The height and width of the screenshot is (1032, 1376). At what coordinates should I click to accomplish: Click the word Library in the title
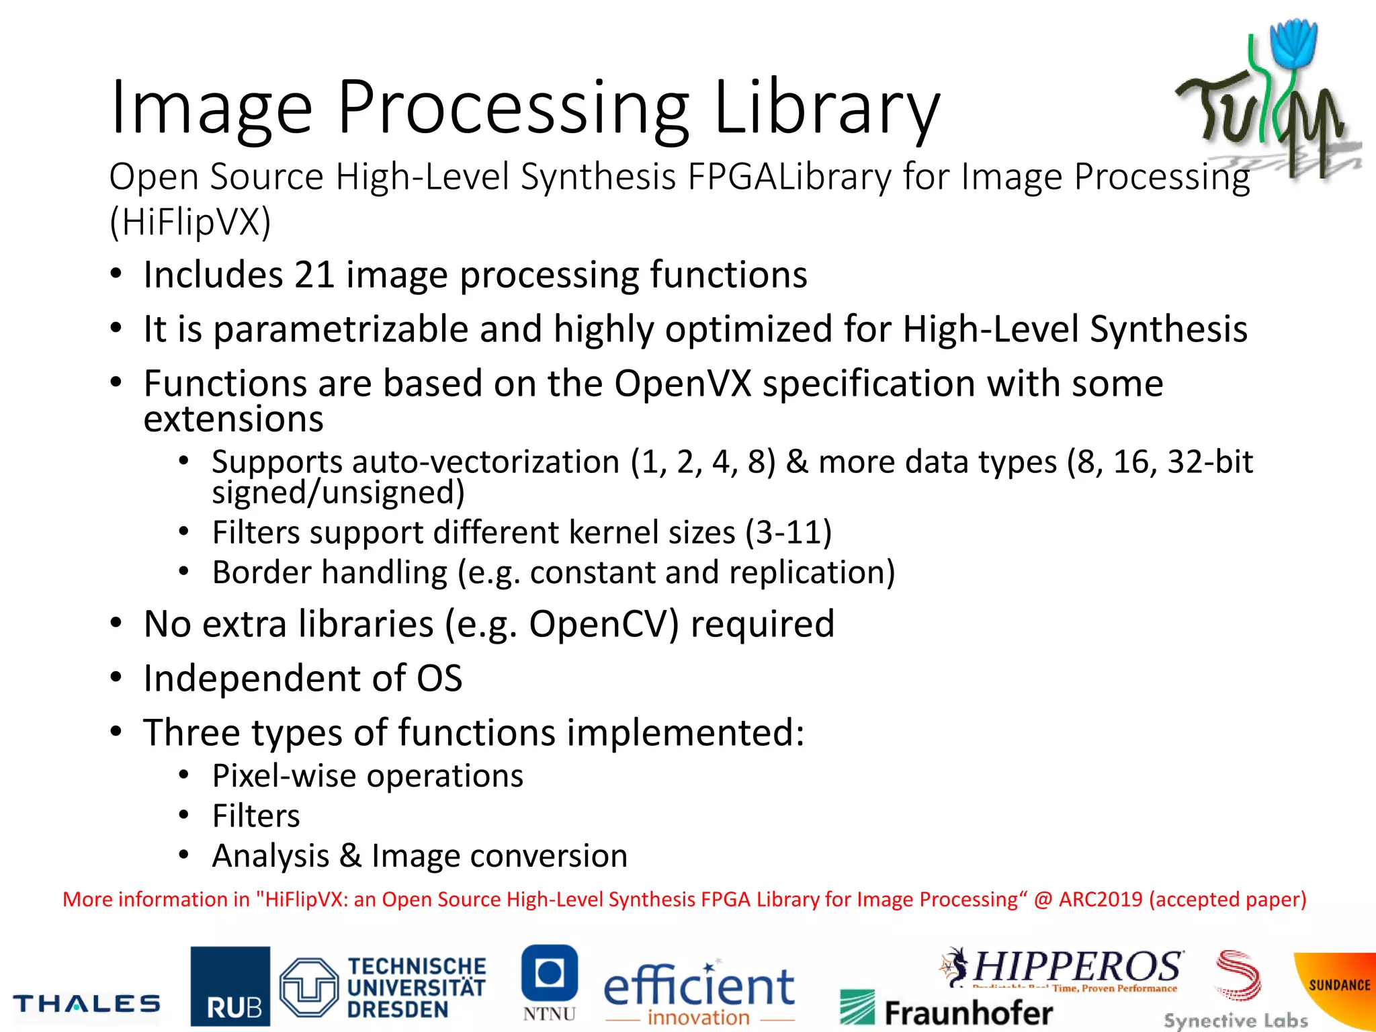826,107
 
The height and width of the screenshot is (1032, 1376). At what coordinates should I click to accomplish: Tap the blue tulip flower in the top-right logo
1294,44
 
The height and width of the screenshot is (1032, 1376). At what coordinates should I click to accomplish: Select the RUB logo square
230,986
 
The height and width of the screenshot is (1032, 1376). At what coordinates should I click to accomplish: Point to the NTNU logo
550,982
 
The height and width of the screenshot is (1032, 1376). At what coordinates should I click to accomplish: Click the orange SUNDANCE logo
1337,988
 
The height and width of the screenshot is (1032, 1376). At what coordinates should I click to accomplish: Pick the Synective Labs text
1236,1021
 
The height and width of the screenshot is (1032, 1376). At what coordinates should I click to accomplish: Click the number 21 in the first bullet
314,275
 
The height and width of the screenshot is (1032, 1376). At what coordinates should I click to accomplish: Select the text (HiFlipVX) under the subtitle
190,222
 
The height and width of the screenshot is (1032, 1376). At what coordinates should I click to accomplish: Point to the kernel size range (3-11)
789,533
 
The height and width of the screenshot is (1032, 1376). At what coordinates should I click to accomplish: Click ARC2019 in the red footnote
1100,899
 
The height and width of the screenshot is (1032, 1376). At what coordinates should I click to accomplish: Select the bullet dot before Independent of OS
116,678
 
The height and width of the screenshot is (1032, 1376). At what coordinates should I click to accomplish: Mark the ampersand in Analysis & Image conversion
350,856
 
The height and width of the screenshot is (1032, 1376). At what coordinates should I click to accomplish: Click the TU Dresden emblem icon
308,987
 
